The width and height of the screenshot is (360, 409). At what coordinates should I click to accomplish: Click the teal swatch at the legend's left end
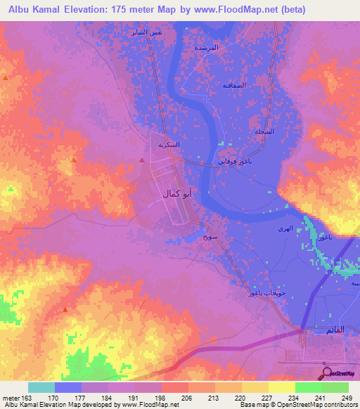pos(41,387)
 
